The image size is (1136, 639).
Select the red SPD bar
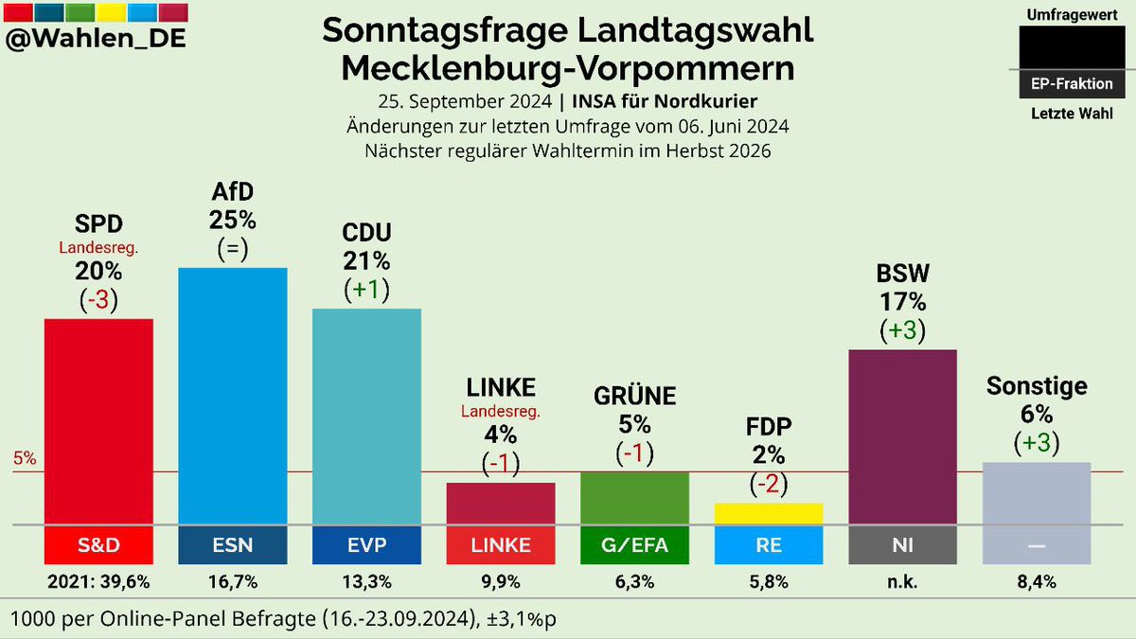coord(98,421)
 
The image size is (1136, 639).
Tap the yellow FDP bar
coord(768,513)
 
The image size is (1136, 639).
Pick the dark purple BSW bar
coord(902,436)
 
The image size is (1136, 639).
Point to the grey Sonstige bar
coord(1037,493)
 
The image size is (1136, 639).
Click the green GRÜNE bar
coord(634,497)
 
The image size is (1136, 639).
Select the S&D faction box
coord(98,544)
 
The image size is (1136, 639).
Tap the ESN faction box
coord(233,544)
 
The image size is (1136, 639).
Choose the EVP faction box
coord(366,544)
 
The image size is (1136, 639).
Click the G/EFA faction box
coord(634,544)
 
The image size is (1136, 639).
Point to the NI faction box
coord(902,544)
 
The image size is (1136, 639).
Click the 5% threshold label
coord(25,459)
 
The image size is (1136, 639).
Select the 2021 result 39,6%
coord(98,581)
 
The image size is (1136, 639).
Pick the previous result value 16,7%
coord(233,581)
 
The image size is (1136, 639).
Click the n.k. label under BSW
coord(902,581)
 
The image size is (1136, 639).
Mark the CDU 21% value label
coord(366,261)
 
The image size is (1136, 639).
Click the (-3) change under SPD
coord(98,299)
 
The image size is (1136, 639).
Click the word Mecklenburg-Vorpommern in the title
coord(568,68)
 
